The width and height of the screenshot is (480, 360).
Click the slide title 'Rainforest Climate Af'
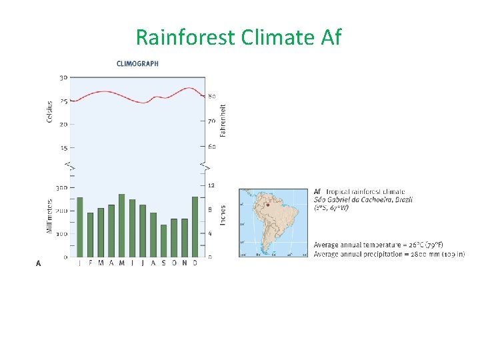239,37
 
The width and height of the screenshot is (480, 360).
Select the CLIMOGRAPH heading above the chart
137,64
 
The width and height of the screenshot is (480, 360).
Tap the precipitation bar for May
121,225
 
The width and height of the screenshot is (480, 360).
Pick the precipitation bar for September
163,241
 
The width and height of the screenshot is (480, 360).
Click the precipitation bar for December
195,227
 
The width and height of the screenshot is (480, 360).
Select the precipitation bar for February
90,235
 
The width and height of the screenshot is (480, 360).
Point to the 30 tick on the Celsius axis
63,77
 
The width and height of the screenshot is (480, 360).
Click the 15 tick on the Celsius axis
63,147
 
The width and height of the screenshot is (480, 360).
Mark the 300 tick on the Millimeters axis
61,188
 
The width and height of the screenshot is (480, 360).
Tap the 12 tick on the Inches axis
211,185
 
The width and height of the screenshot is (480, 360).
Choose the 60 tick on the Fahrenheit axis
212,147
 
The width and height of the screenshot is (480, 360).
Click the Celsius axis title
50,112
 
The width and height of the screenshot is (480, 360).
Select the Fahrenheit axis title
223,121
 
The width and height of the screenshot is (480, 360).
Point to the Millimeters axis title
50,216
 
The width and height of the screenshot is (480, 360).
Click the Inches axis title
223,215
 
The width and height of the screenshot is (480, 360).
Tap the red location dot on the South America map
267,205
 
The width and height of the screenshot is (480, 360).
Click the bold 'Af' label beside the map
318,192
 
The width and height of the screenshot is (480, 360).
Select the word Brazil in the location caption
403,199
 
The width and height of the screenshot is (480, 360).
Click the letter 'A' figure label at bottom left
38,263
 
